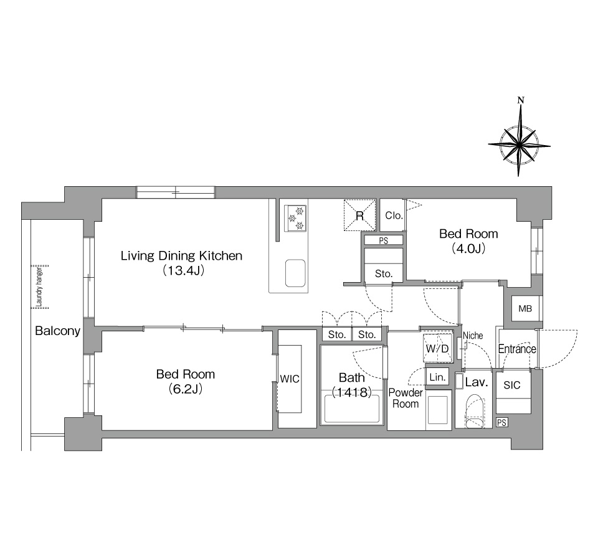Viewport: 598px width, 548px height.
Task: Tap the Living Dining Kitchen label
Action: (x=181, y=255)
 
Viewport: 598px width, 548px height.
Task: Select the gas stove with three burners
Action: (x=296, y=218)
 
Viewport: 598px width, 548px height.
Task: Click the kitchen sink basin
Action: (x=295, y=273)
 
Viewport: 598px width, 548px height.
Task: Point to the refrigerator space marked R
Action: (x=359, y=215)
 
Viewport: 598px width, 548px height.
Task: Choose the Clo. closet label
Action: (x=394, y=215)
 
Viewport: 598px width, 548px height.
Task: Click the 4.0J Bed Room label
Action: (x=468, y=241)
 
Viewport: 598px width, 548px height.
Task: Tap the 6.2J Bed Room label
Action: (x=186, y=381)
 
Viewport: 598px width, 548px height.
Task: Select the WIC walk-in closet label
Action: (x=290, y=379)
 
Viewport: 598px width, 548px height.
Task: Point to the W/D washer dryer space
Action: (x=438, y=347)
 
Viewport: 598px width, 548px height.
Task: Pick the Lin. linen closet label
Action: (x=437, y=377)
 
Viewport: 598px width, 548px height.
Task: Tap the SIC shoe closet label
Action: (x=512, y=385)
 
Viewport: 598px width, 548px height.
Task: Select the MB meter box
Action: (x=525, y=308)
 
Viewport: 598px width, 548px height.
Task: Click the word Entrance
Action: (x=517, y=349)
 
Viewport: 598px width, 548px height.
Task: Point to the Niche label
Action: (x=473, y=336)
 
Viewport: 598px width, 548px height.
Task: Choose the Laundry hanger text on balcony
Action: (x=38, y=287)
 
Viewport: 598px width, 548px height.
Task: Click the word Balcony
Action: (x=57, y=331)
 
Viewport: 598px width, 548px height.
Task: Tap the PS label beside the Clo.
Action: (x=384, y=241)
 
